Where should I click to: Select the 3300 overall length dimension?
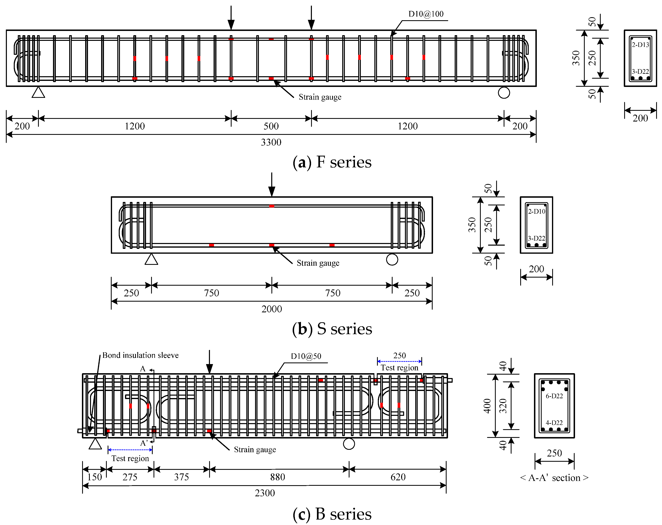coord(271,142)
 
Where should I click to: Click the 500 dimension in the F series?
coord(271,126)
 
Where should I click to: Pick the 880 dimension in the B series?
coord(278,477)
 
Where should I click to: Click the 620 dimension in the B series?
coord(398,477)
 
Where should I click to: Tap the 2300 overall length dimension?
coord(265,493)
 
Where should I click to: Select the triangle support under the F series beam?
coord(38,92)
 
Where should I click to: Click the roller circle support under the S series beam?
coord(392,260)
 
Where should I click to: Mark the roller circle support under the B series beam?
coord(349,444)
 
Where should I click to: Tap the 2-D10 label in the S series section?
coord(536,211)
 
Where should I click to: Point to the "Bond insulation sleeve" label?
coord(140,355)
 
